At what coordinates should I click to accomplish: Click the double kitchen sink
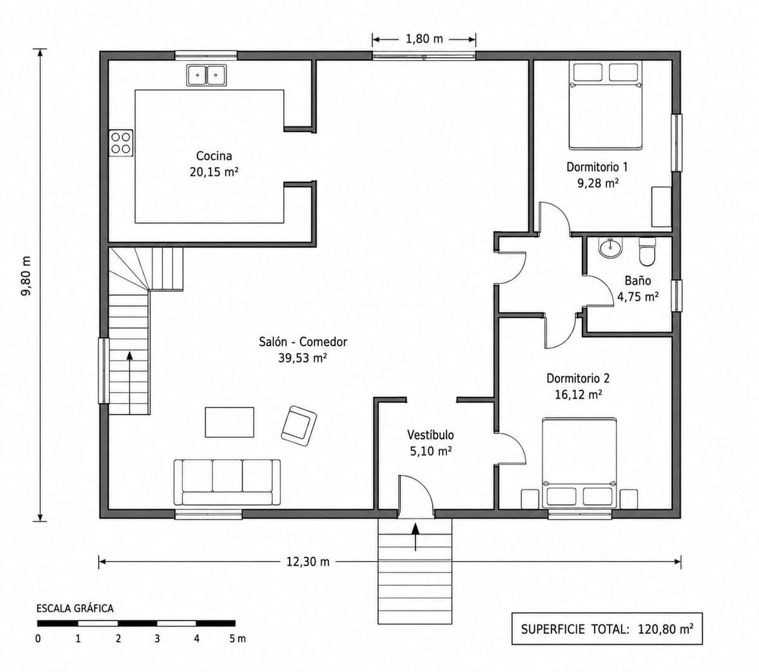206,75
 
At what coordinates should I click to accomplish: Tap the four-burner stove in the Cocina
121,143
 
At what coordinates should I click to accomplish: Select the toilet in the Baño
646,251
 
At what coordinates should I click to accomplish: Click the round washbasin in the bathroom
610,247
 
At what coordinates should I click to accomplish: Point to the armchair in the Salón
299,426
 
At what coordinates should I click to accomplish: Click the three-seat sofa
227,482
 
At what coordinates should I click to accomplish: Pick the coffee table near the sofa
229,422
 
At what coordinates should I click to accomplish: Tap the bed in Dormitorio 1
605,105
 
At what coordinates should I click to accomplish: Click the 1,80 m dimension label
424,39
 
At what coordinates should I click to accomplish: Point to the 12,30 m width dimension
307,562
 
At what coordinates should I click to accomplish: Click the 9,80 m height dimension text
26,276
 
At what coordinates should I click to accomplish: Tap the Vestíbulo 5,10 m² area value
431,451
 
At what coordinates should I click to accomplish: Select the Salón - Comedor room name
303,342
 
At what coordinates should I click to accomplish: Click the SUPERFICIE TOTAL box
607,629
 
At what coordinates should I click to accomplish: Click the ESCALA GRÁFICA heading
75,608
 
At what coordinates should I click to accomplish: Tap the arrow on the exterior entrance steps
415,537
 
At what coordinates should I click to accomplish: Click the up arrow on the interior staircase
130,382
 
